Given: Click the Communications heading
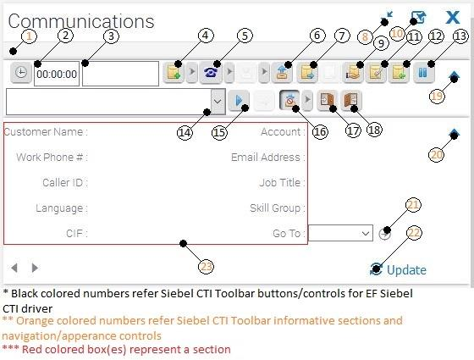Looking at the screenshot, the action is pyautogui.click(x=81, y=21).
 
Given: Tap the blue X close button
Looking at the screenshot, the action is pyautogui.click(x=453, y=17).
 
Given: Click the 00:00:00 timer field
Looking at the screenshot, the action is pyautogui.click(x=57, y=74).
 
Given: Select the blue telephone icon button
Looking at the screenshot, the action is pyautogui.click(x=211, y=73).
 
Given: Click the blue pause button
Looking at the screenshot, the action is pyautogui.click(x=423, y=73).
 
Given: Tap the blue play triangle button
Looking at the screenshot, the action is pyautogui.click(x=239, y=100).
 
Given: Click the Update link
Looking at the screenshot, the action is pyautogui.click(x=398, y=269).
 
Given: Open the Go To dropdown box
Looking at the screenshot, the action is pyautogui.click(x=340, y=233).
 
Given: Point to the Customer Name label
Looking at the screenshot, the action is pyautogui.click(x=46, y=132).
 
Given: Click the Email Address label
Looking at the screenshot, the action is pyautogui.click(x=267, y=158).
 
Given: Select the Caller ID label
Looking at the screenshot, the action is pyautogui.click(x=65, y=183).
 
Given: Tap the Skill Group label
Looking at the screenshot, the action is pyautogui.click(x=278, y=208).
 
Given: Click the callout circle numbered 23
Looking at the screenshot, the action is pyautogui.click(x=207, y=267).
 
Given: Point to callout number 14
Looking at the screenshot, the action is pyautogui.click(x=185, y=132).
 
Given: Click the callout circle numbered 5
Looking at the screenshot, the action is pyautogui.click(x=245, y=36).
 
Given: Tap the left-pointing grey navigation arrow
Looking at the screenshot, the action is pyautogui.click(x=14, y=268).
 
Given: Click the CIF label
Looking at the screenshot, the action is pyautogui.click(x=77, y=234).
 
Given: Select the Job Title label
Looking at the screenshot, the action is pyautogui.click(x=282, y=183).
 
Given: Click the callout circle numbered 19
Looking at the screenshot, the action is pyautogui.click(x=437, y=97).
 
